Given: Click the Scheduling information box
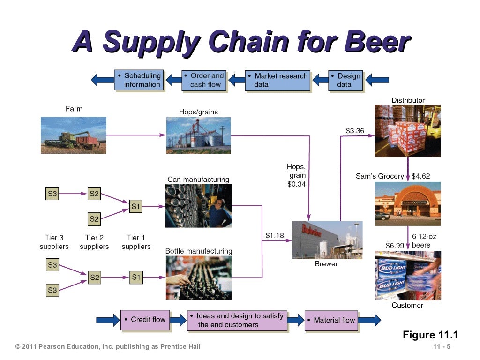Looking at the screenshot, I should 139,80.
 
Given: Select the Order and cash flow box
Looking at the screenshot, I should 204,80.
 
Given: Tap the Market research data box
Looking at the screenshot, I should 278,80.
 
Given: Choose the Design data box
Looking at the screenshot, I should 345,80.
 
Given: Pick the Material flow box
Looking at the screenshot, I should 331,320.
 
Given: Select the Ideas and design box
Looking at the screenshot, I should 237,320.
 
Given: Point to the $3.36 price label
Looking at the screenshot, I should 355,131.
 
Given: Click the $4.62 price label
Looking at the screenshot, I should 420,176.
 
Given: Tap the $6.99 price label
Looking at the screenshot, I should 395,246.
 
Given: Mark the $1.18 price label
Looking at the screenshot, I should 275,235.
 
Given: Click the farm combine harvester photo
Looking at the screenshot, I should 74,135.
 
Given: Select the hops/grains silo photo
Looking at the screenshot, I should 199,135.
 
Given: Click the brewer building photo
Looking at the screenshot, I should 327,240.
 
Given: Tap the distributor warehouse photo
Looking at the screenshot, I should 407,130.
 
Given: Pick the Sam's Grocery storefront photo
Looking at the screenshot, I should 407,203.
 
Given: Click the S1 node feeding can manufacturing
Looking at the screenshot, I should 136,206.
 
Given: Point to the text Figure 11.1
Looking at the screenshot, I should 430,335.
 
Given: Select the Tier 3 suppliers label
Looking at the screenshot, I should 54,242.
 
